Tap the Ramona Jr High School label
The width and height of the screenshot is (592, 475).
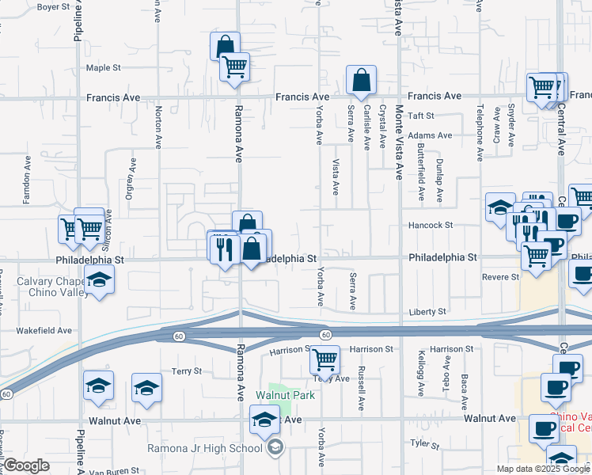coord(205,449)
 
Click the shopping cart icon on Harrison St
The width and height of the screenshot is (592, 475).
coord(324,360)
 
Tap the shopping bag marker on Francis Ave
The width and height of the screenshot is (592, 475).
coord(361,81)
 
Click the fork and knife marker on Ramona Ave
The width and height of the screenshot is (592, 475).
coord(224,249)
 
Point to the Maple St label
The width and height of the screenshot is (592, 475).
coord(103,68)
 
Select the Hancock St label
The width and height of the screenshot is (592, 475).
coord(431,225)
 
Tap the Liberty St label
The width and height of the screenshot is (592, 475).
coord(427,312)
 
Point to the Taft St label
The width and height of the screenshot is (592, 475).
coord(417,115)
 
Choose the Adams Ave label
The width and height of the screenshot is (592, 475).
coord(430,135)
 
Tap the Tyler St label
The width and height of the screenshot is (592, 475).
coord(424,443)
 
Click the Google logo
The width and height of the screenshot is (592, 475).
coord(26,465)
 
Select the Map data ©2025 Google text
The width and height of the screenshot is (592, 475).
coord(542,469)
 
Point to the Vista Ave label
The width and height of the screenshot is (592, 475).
coord(336,177)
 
